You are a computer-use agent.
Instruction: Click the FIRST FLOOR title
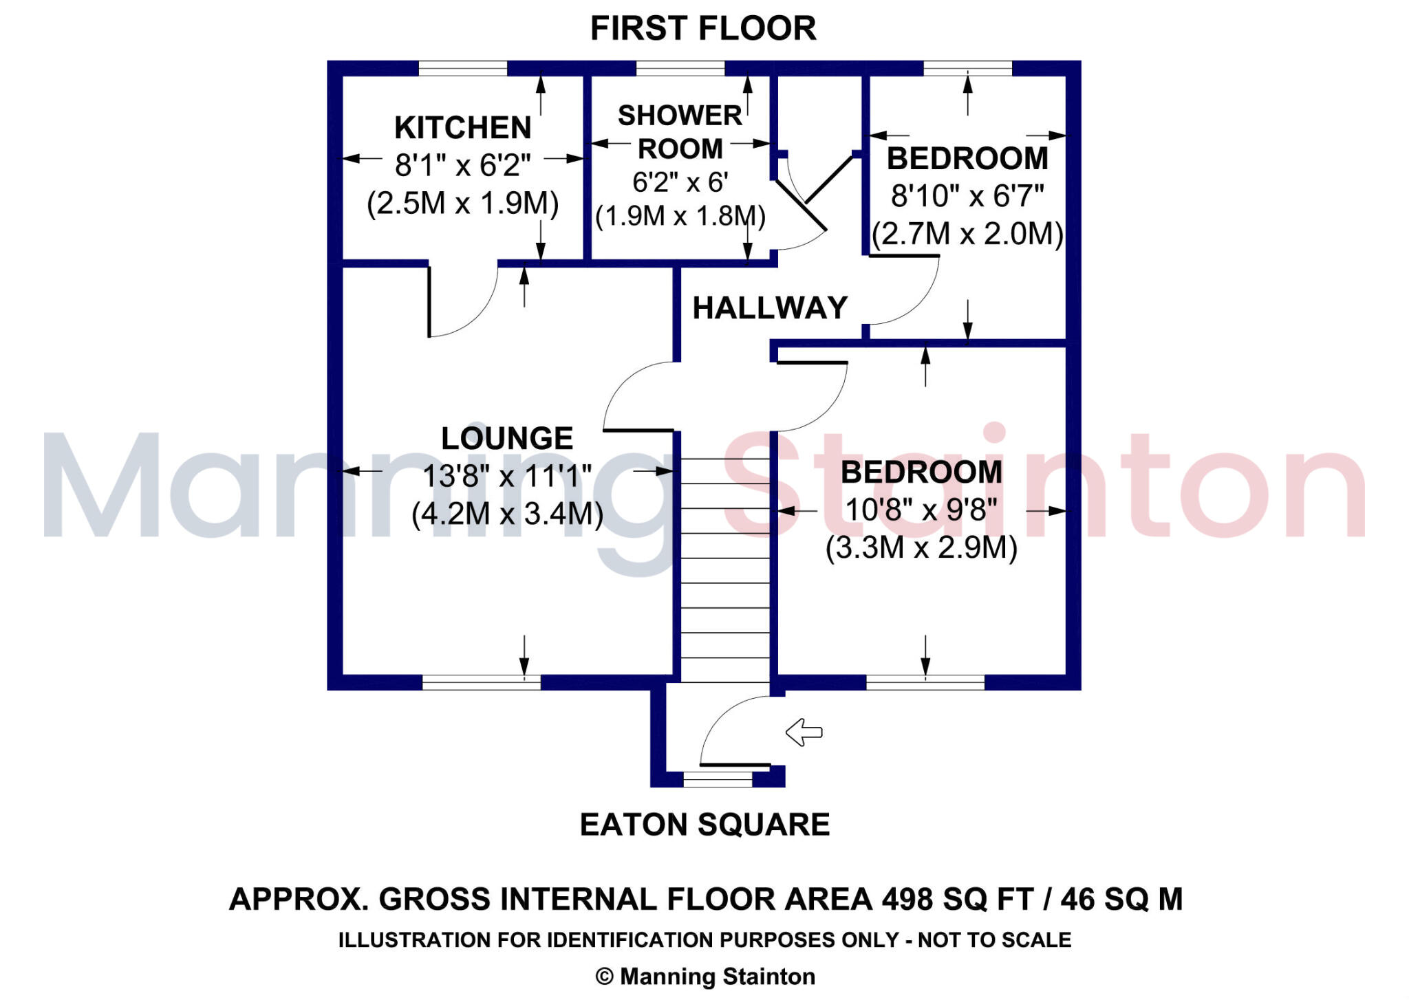[703, 29]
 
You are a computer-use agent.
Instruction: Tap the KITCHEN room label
[463, 128]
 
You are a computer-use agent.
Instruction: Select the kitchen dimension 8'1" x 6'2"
[463, 166]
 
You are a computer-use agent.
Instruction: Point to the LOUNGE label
[507, 439]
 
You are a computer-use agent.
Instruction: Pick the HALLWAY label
[770, 308]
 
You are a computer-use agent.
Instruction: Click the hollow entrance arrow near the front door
[804, 732]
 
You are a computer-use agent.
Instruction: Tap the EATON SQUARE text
[704, 825]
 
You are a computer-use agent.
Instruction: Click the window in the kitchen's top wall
[462, 68]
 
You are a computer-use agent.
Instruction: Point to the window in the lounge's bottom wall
[481, 682]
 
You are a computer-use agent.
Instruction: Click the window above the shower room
[680, 68]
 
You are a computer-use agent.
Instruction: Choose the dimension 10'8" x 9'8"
[921, 510]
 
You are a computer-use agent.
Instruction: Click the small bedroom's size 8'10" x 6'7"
[967, 197]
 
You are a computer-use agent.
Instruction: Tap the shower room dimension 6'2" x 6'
[680, 182]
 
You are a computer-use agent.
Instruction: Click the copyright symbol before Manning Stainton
[604, 977]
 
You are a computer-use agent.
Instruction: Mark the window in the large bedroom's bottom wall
[925, 682]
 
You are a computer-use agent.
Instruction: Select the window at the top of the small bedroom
[967, 68]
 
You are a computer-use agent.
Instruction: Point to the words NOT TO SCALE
[994, 940]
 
